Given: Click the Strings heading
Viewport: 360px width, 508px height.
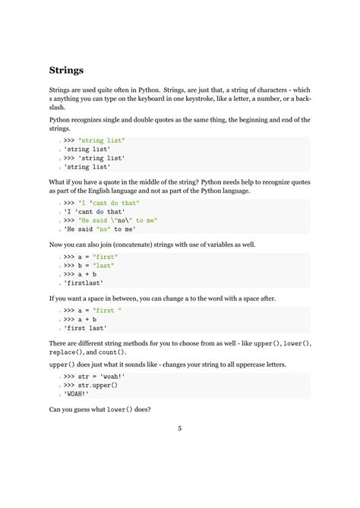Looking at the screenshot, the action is point(67,71).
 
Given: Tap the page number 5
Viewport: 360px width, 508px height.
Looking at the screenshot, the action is point(180,429).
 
